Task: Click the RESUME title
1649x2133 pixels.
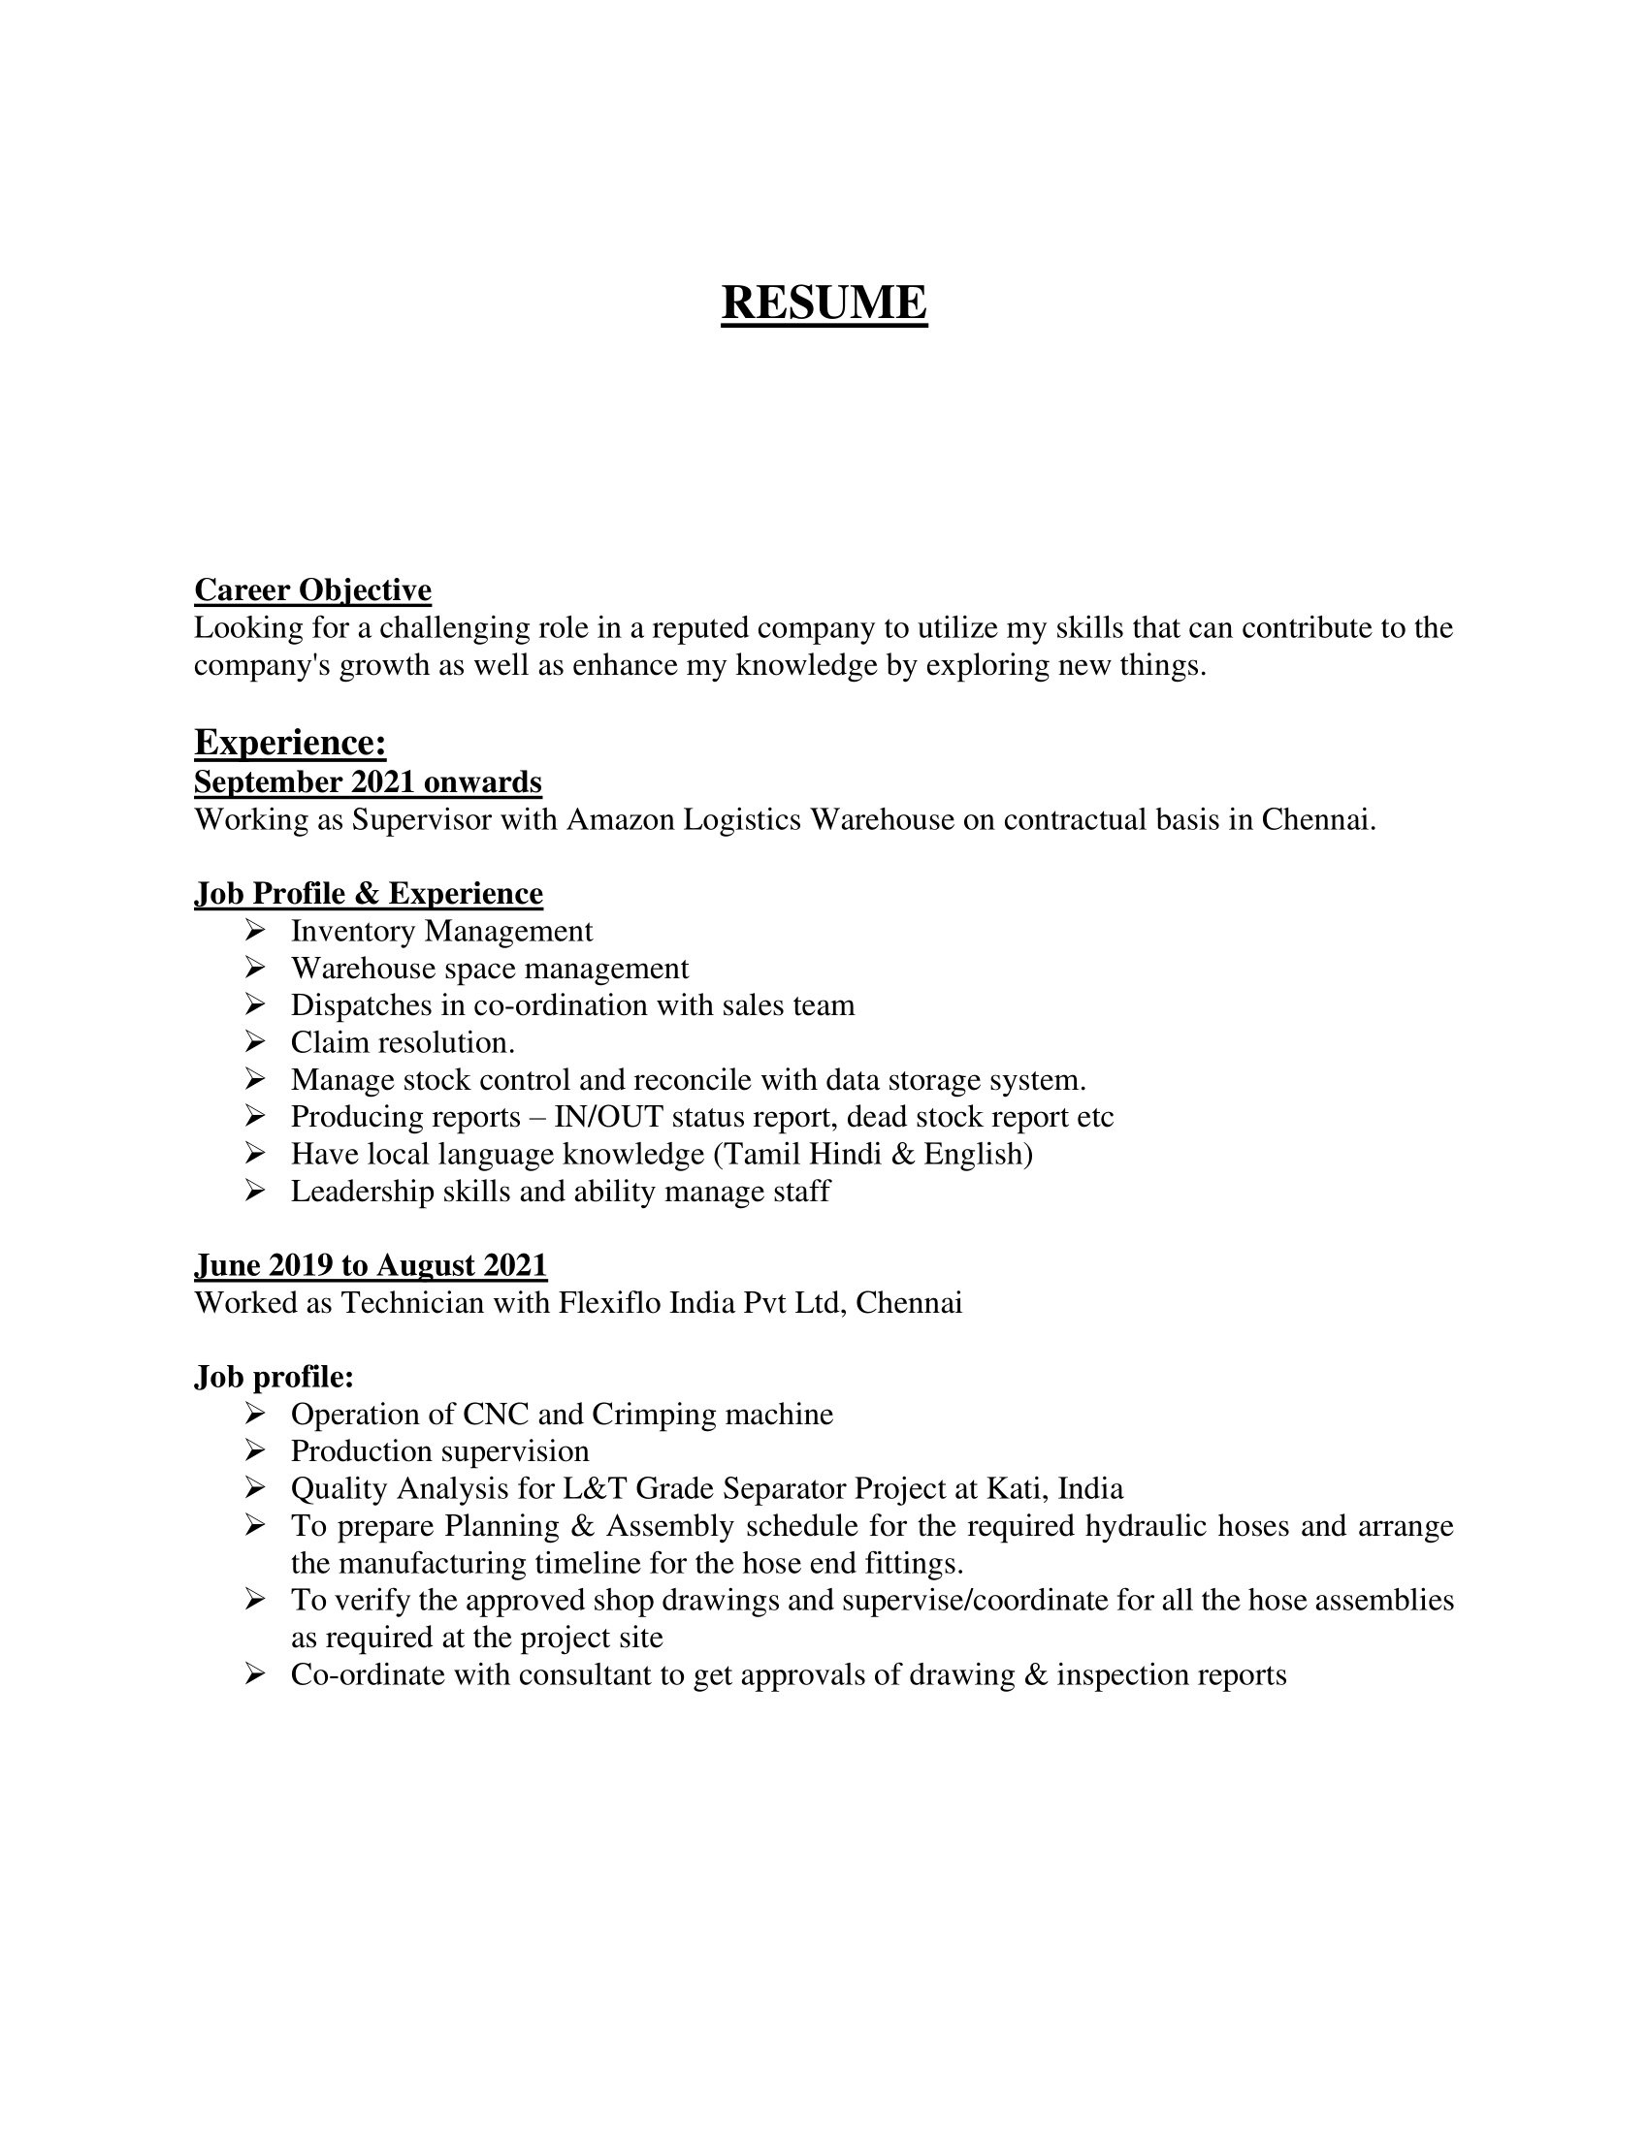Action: click(x=824, y=302)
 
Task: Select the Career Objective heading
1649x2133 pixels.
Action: click(x=312, y=589)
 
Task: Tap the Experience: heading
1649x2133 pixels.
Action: click(x=290, y=743)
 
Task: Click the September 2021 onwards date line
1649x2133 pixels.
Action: click(x=368, y=782)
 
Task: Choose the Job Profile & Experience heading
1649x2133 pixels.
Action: click(x=369, y=894)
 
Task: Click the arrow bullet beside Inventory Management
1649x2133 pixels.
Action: click(x=254, y=930)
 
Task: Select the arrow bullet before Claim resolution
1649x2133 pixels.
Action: click(x=254, y=1042)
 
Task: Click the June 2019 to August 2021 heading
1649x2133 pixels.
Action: click(x=371, y=1265)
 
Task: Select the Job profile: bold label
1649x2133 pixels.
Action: click(x=274, y=1377)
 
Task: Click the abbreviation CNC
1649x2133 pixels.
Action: click(x=496, y=1415)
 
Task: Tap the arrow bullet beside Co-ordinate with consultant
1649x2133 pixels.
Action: click(x=254, y=1675)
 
